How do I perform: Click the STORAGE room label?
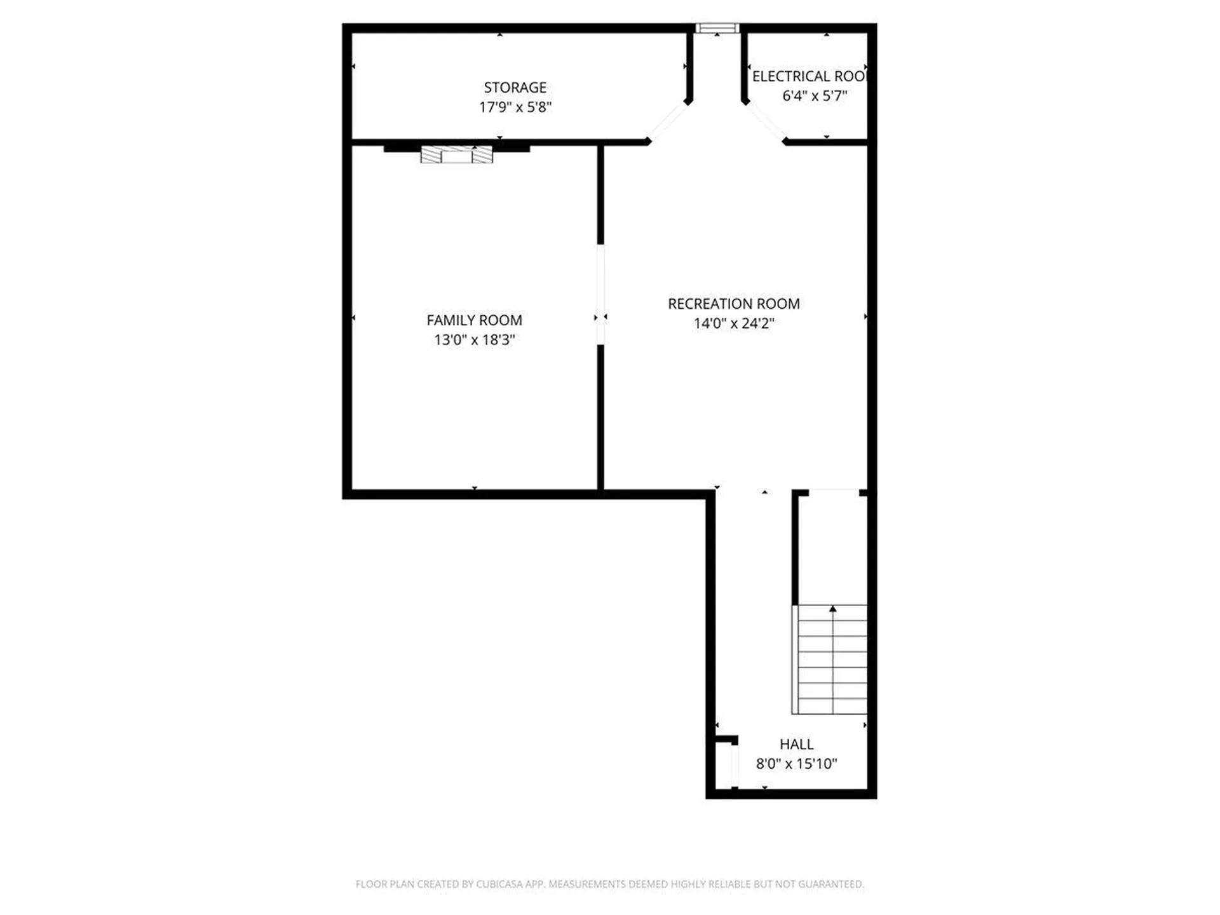point(515,87)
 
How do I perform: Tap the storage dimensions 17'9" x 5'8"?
point(515,107)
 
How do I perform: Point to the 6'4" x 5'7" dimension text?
point(815,96)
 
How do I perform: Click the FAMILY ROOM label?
point(474,320)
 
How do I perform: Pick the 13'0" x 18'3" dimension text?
point(474,340)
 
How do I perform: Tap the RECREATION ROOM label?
point(733,304)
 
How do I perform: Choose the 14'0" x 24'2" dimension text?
point(733,323)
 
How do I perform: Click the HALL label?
point(796,744)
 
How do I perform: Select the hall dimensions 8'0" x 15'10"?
point(796,764)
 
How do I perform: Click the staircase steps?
point(832,661)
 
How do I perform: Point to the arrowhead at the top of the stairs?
point(832,609)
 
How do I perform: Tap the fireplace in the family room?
point(456,154)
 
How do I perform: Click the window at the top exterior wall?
point(717,28)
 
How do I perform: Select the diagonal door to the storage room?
point(668,121)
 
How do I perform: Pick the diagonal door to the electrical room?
point(765,121)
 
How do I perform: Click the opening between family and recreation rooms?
point(600,294)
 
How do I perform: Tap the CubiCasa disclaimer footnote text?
point(609,884)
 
